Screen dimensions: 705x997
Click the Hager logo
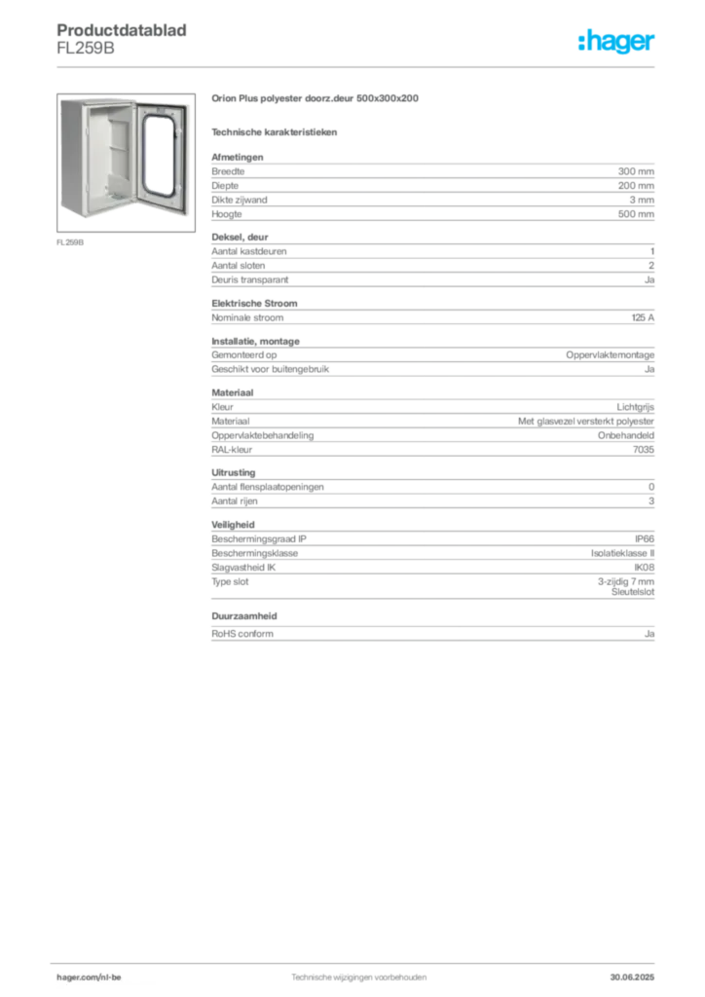point(616,41)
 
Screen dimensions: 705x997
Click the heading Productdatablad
point(122,30)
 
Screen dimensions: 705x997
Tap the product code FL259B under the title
point(86,49)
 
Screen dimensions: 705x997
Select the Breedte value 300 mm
point(636,171)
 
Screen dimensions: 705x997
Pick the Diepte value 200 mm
point(636,186)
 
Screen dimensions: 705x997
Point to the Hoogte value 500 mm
point(636,214)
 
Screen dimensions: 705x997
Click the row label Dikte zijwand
point(239,200)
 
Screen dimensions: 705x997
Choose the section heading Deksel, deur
point(240,238)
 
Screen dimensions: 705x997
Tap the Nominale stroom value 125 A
point(643,317)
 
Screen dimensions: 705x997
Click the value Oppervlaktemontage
point(610,354)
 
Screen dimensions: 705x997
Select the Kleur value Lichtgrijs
point(635,407)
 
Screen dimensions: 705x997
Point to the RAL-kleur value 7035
point(644,450)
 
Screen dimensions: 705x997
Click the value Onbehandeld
point(625,435)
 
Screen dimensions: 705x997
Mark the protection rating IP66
point(644,538)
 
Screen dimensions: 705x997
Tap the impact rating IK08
point(644,568)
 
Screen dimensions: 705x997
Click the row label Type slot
point(230,582)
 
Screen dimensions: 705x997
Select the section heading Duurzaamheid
point(244,616)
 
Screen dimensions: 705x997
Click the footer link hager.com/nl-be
point(89,978)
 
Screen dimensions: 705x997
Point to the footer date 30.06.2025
point(632,978)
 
